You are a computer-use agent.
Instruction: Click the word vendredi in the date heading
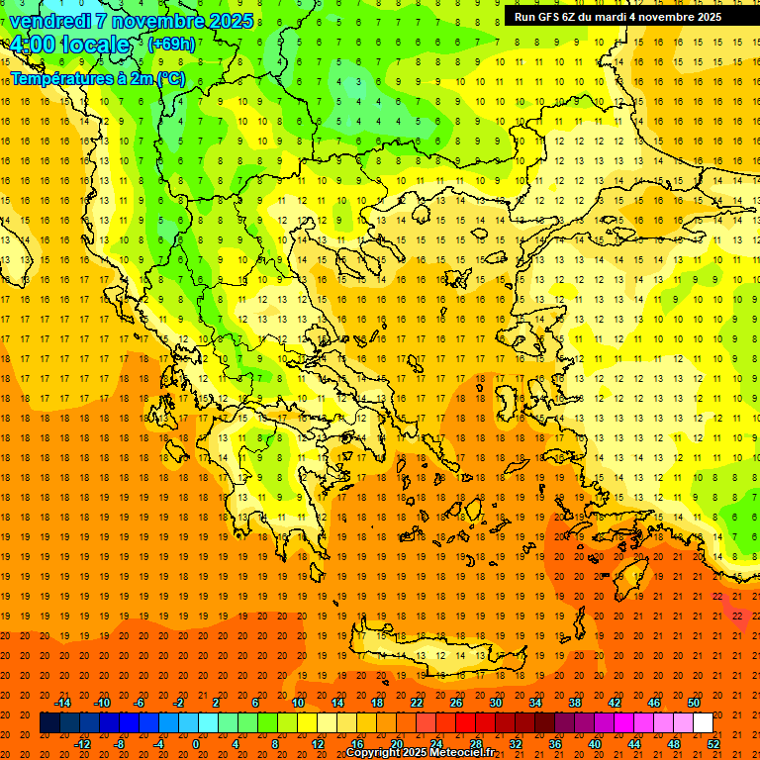click(x=50, y=21)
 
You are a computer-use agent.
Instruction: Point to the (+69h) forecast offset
click(x=171, y=45)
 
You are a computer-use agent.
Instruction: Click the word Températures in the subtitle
click(x=56, y=77)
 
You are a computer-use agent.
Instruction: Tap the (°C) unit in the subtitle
click(x=169, y=77)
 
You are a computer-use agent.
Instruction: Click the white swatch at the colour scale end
click(x=703, y=723)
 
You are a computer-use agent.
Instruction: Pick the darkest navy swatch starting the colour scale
click(x=49, y=723)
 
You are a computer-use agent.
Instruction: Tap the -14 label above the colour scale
click(x=62, y=703)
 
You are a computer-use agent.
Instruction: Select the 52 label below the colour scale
click(x=713, y=744)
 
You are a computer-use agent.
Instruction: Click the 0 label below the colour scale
click(x=196, y=744)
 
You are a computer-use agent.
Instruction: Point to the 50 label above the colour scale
click(x=694, y=703)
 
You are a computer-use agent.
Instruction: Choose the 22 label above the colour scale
click(x=417, y=703)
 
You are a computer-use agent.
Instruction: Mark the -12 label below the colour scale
click(x=82, y=744)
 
